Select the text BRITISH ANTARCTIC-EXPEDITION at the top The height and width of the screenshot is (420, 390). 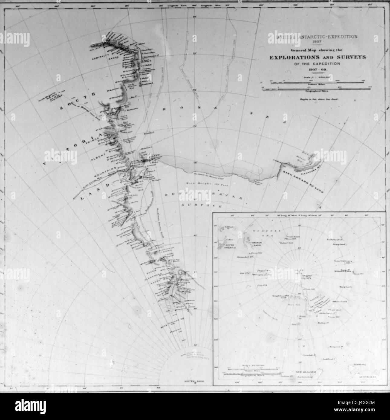click(312, 37)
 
